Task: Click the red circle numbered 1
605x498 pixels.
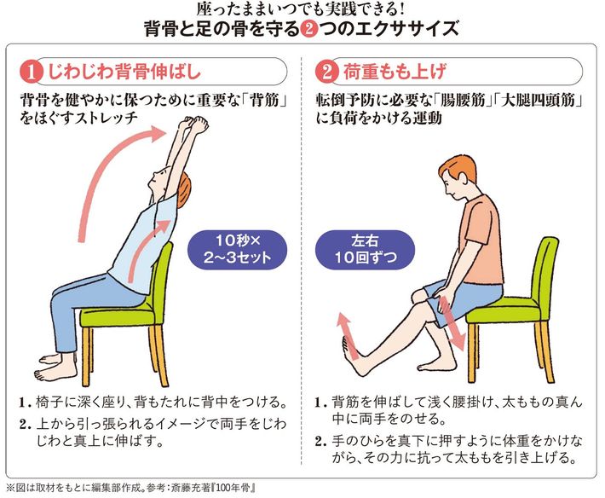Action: click(32, 72)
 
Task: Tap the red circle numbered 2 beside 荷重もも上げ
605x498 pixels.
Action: click(327, 72)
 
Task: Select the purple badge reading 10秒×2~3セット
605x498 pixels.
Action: click(237, 249)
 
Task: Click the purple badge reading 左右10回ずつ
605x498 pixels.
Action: click(365, 249)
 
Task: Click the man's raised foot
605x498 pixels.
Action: click(353, 355)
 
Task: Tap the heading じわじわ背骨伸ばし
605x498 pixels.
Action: click(124, 72)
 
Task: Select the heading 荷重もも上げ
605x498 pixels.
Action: click(395, 72)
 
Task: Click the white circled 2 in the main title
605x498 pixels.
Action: click(308, 30)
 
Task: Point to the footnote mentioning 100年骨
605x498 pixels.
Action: click(131, 488)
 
